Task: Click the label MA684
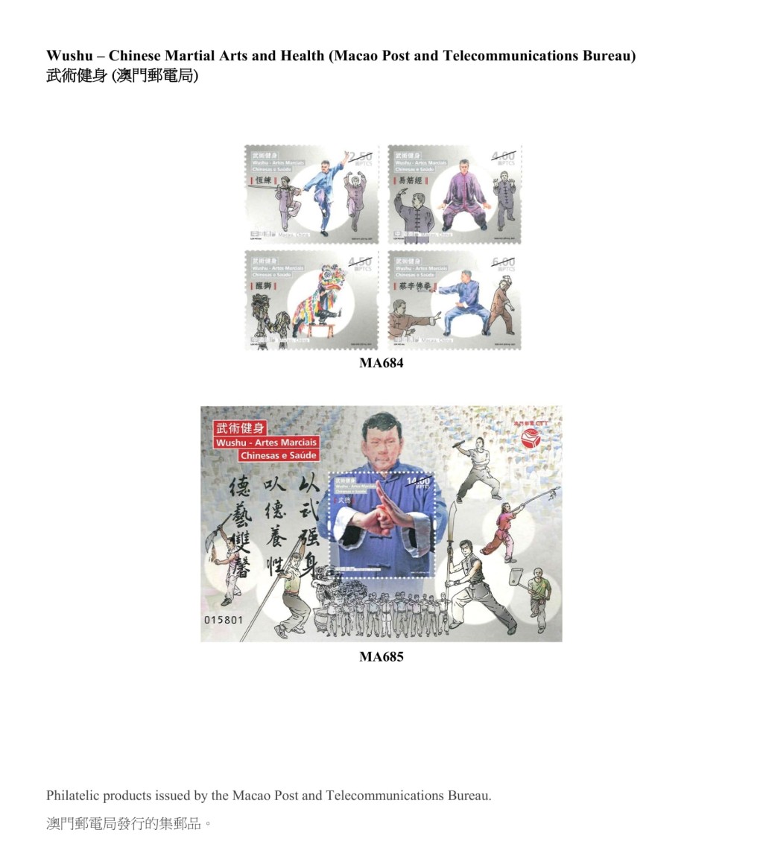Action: point(381,363)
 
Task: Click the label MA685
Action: point(381,656)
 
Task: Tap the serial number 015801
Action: point(224,620)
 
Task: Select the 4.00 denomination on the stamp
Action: point(503,157)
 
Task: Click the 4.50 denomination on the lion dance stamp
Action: point(360,263)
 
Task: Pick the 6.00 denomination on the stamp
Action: point(503,263)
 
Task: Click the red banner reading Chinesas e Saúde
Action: point(279,455)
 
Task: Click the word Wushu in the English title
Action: point(68,56)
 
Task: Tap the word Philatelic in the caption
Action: point(72,796)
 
